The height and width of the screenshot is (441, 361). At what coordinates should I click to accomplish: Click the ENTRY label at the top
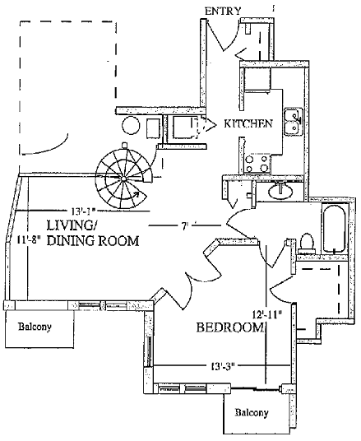(x=223, y=11)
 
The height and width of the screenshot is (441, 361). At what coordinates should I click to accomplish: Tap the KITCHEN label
(x=248, y=123)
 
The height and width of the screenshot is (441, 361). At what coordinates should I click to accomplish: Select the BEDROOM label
(x=229, y=327)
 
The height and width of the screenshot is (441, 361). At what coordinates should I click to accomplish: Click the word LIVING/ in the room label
(x=72, y=225)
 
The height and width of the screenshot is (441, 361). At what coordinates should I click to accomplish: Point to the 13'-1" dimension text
(x=84, y=211)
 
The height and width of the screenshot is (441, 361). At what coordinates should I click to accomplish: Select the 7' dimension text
(x=184, y=225)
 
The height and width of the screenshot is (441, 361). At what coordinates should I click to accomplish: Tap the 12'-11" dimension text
(x=267, y=313)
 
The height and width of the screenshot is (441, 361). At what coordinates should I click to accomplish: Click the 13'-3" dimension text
(x=223, y=366)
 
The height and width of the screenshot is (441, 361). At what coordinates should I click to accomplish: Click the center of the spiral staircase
(x=123, y=179)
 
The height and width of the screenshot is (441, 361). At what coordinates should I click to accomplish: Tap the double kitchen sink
(x=294, y=122)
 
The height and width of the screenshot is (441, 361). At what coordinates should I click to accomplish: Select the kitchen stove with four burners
(x=256, y=164)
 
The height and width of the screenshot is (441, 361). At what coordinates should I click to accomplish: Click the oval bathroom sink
(x=280, y=192)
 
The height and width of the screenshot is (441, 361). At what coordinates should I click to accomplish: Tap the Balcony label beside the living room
(x=35, y=327)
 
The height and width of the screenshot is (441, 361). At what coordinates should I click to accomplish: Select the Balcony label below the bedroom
(x=252, y=412)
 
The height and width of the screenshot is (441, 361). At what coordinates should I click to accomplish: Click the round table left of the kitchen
(x=131, y=126)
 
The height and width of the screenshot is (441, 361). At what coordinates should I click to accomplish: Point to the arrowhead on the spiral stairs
(x=137, y=194)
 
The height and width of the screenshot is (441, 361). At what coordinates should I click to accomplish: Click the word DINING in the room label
(x=72, y=241)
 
